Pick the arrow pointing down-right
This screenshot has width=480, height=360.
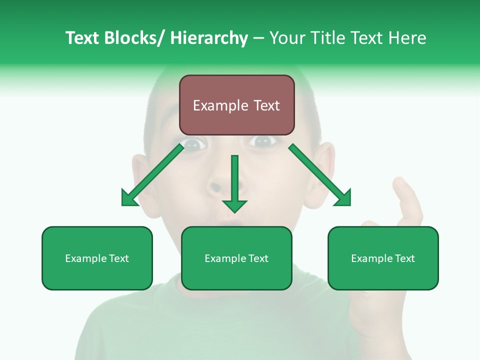click(x=320, y=175)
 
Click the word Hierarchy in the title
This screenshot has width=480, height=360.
click(x=209, y=38)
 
